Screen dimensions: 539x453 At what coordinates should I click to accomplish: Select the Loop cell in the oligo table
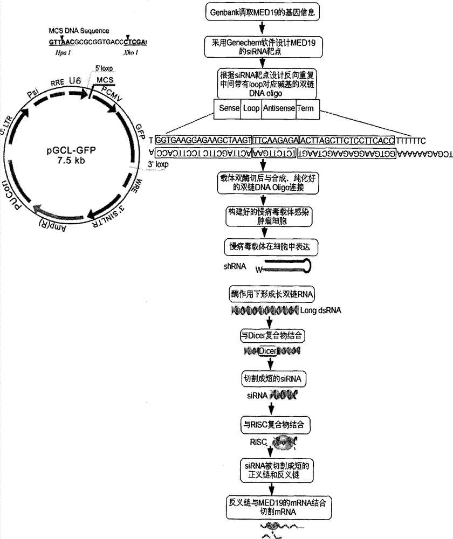point(251,109)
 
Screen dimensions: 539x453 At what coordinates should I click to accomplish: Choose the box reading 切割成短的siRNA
point(264,379)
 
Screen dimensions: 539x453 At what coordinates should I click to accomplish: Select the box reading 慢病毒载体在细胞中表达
point(264,246)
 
